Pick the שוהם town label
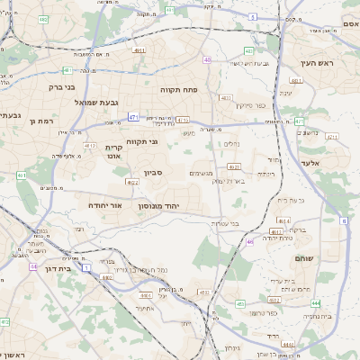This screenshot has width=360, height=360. [302, 258]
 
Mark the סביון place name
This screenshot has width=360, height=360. [151, 173]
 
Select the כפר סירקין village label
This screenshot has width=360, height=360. [255, 105]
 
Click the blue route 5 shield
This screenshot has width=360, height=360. [254, 17]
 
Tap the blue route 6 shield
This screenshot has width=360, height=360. [344, 220]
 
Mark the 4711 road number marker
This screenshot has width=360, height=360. [183, 119]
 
